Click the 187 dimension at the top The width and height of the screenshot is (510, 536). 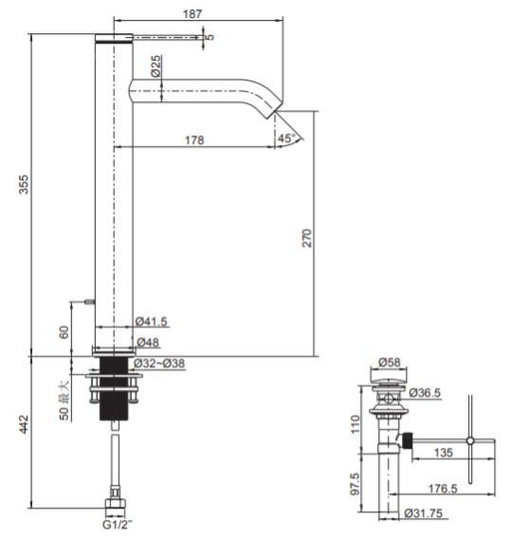pyautogui.click(x=192, y=14)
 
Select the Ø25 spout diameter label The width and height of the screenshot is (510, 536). pyautogui.click(x=155, y=66)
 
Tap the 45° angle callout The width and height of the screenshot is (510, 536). pyautogui.click(x=286, y=138)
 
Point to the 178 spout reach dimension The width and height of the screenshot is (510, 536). pyautogui.click(x=194, y=140)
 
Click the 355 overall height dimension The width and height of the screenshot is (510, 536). pyautogui.click(x=24, y=185)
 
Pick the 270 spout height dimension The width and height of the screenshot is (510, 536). pyautogui.click(x=307, y=238)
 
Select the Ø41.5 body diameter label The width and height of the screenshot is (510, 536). pyautogui.click(x=152, y=322)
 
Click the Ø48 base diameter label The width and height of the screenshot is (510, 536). pyautogui.click(x=148, y=342)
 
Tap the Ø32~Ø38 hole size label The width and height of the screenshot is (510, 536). pyautogui.click(x=159, y=364)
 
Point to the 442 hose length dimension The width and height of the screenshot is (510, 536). pyautogui.click(x=24, y=424)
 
